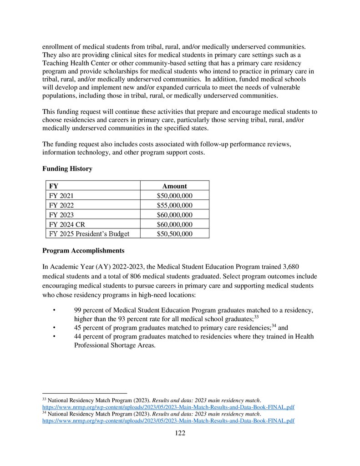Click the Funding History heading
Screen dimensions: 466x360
(x=67, y=169)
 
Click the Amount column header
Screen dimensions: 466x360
(x=175, y=186)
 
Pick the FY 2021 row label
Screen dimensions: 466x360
(x=61, y=196)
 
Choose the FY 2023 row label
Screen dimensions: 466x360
(x=61, y=215)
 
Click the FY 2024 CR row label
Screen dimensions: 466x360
(x=66, y=224)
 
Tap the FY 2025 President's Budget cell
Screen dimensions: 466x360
(x=89, y=234)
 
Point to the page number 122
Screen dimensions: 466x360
(x=180, y=433)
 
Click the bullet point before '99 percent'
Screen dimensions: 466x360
(x=55, y=310)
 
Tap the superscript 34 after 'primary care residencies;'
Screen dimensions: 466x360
(x=274, y=325)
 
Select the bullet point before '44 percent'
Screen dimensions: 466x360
(x=55, y=336)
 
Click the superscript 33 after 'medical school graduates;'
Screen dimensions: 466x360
(x=256, y=317)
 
